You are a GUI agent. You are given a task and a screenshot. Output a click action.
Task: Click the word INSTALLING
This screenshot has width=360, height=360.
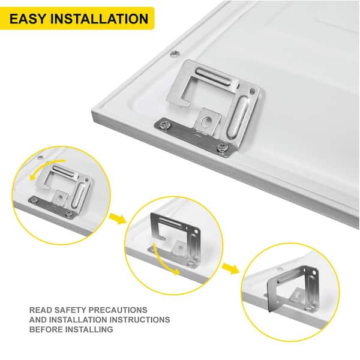tap(91, 330)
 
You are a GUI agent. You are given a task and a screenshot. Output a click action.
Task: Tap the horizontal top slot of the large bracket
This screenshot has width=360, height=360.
tap(213, 76)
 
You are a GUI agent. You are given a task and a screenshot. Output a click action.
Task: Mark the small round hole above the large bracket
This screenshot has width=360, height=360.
tap(173, 52)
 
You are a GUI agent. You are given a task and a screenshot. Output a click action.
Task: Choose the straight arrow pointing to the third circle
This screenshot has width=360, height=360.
tap(228, 266)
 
